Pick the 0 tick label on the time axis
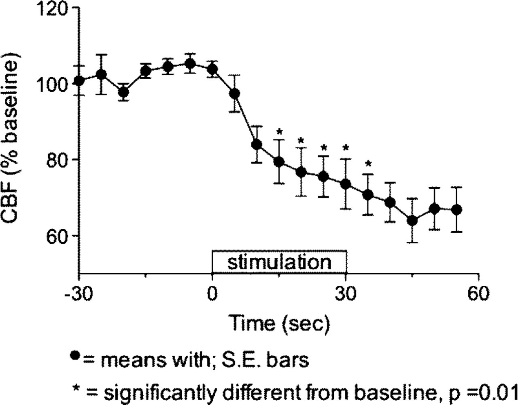tap(212, 294)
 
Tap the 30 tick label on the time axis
tap(345, 294)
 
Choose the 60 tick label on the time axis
tap(478, 294)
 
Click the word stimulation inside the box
tap(279, 263)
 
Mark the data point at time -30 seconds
tap(79, 81)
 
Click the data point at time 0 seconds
tap(212, 70)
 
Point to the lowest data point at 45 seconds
tap(412, 221)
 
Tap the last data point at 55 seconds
tap(456, 210)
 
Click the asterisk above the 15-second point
tap(278, 131)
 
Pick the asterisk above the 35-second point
tap(368, 164)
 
